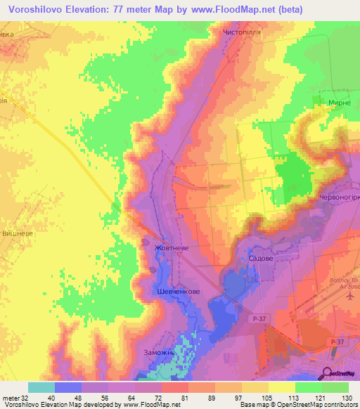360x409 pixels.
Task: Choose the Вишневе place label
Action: click(19, 233)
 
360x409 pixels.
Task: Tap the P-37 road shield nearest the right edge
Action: click(338, 342)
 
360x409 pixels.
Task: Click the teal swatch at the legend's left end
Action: click(41, 387)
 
